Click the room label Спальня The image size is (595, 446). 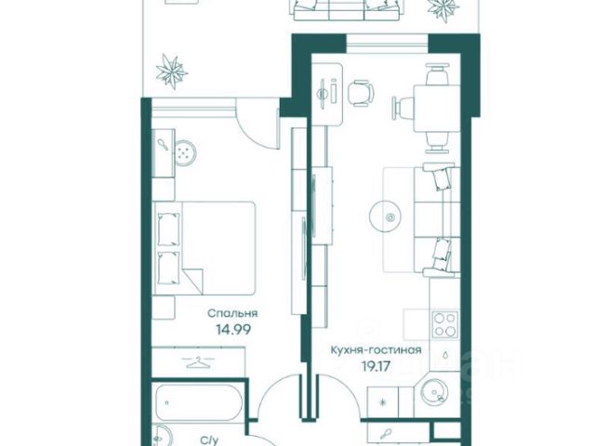(x=232, y=314)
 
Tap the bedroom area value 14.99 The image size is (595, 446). (x=233, y=330)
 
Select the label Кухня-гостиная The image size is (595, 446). (x=376, y=349)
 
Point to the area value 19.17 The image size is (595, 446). (x=376, y=366)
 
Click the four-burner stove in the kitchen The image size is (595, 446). (x=445, y=324)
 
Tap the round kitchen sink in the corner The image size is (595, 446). (x=436, y=393)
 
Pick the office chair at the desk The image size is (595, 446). (x=361, y=93)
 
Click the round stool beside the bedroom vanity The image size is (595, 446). (x=186, y=153)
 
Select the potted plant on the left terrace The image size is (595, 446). (x=172, y=72)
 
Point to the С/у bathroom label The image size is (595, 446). (x=210, y=440)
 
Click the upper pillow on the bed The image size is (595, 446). (x=168, y=230)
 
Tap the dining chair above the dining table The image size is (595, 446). (x=436, y=74)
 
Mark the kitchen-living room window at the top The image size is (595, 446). (x=387, y=44)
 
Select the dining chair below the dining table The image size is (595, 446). (x=437, y=142)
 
